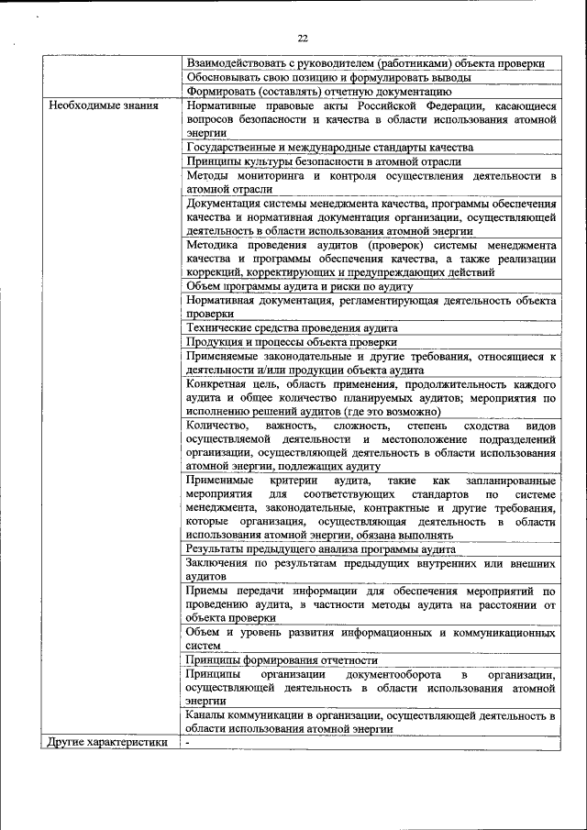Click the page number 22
(302, 38)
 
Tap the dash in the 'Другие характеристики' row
(186, 742)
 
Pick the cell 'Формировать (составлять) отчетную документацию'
(318, 91)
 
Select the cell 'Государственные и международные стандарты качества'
(329, 147)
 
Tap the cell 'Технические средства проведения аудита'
(292, 327)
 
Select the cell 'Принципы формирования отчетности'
(282, 659)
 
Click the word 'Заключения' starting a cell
(219, 562)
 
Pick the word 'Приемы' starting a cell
(206, 591)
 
